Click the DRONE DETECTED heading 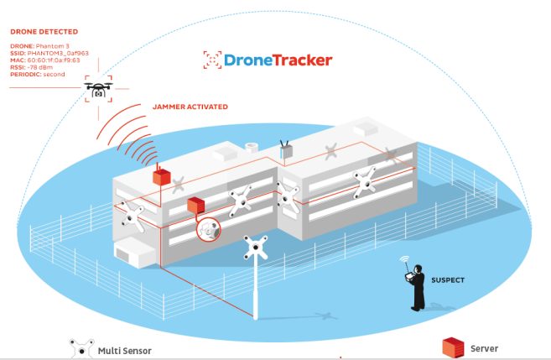pyautogui.click(x=44, y=32)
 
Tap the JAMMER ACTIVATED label pyautogui.click(x=190, y=107)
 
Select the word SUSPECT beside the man pyautogui.click(x=448, y=280)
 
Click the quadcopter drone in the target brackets pyautogui.click(x=98, y=89)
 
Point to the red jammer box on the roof pyautogui.click(x=161, y=175)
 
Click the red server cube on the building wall pyautogui.click(x=195, y=206)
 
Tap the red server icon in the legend pyautogui.click(x=453, y=347)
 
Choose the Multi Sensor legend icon pyautogui.click(x=81, y=349)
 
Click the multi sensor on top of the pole pyautogui.click(x=256, y=248)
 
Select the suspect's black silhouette pyautogui.click(x=417, y=288)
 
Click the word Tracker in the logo pyautogui.click(x=303, y=60)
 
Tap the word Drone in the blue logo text pyautogui.click(x=248, y=60)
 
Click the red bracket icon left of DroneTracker pyautogui.click(x=212, y=60)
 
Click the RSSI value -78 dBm pyautogui.click(x=39, y=67)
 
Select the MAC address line pyautogui.click(x=45, y=60)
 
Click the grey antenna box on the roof pyautogui.click(x=286, y=150)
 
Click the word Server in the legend pyautogui.click(x=484, y=348)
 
